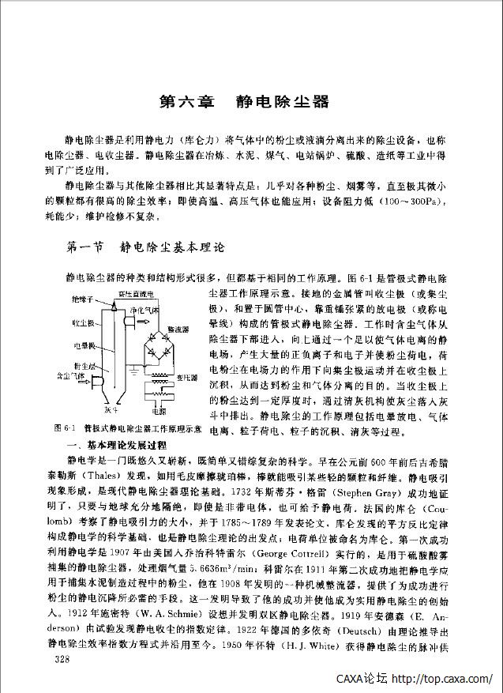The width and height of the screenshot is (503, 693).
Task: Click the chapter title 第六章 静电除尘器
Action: (x=243, y=102)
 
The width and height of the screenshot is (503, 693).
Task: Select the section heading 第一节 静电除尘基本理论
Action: (x=146, y=247)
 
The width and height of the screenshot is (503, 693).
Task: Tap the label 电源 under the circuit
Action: (x=158, y=412)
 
